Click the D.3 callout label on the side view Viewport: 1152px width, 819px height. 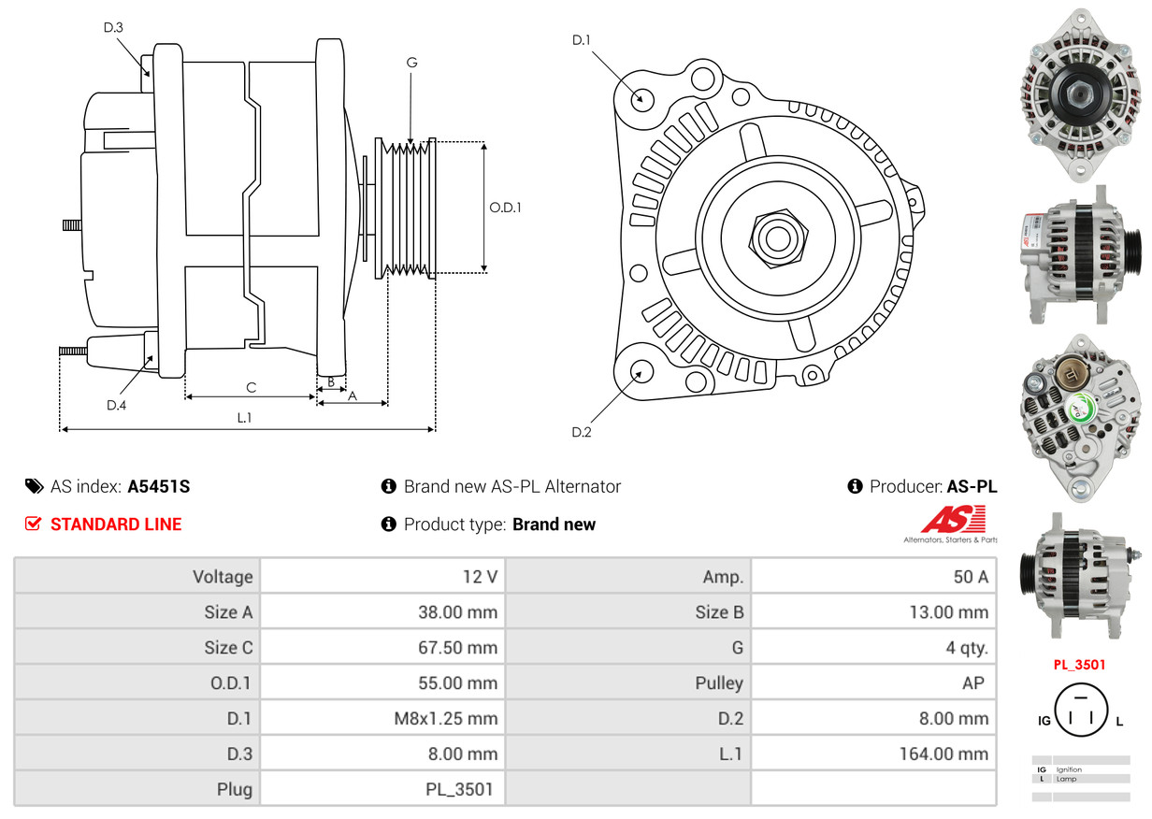[x=113, y=27]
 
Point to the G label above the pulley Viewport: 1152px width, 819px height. [x=411, y=63]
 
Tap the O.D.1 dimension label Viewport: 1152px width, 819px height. [x=505, y=208]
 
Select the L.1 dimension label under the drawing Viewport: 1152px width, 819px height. [x=244, y=418]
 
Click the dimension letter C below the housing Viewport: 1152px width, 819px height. [x=251, y=387]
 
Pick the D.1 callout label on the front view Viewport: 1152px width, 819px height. [x=582, y=39]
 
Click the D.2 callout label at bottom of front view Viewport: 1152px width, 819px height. [x=582, y=432]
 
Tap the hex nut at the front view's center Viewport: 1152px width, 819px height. [x=778, y=238]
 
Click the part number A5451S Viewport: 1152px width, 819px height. [x=158, y=486]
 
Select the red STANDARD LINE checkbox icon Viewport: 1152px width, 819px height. [x=33, y=524]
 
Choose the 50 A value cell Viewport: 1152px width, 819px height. [x=971, y=576]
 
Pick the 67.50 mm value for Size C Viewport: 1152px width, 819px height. [x=457, y=647]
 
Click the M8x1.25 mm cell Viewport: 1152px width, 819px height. [x=445, y=718]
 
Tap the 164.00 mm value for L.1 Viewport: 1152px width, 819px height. [x=943, y=754]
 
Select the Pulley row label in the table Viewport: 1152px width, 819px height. [x=719, y=682]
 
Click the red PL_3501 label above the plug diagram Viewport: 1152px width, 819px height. [x=1079, y=665]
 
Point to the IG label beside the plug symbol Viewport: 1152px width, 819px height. [x=1044, y=721]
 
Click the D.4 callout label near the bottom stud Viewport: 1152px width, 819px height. [x=116, y=405]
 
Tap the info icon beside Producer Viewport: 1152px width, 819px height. [x=855, y=486]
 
